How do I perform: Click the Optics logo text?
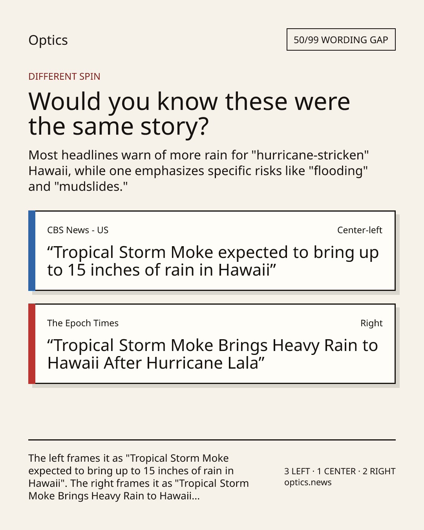point(48,40)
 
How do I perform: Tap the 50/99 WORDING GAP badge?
point(341,40)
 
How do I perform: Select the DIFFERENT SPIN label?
point(64,77)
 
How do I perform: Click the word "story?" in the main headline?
point(175,126)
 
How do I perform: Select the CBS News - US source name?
point(78,230)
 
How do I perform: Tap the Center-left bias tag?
point(360,230)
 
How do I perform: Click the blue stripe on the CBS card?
point(32,251)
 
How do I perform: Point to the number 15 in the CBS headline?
point(77,270)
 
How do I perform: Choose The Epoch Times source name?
point(83,323)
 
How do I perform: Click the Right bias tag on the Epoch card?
point(371,323)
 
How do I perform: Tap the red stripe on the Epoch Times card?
point(32,344)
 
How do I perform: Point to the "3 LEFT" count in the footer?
point(297,471)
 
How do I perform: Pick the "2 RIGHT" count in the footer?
point(379,471)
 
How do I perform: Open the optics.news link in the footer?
point(308,482)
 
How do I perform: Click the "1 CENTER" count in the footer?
point(336,471)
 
